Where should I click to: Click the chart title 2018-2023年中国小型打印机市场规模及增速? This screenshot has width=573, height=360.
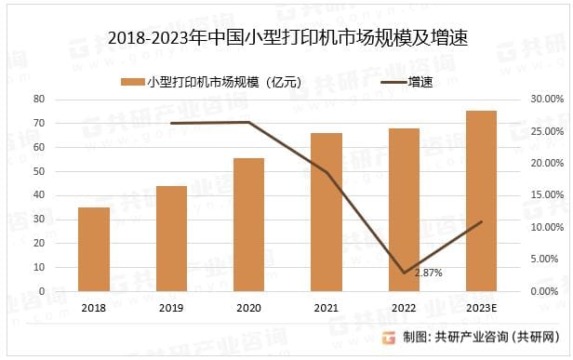pos(286,38)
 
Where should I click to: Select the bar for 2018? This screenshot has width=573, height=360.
pos(94,249)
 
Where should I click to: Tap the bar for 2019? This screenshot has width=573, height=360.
pos(171,239)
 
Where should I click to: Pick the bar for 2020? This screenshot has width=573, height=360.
pos(248,224)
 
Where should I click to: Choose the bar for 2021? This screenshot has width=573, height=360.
pos(326,212)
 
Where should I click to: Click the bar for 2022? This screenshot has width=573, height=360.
pos(404,209)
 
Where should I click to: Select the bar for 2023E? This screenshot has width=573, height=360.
pos(481,201)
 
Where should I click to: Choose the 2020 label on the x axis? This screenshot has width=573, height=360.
pos(248,308)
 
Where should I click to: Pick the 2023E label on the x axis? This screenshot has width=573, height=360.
pos(481,308)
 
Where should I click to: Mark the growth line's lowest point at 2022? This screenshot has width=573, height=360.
pos(404,273)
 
